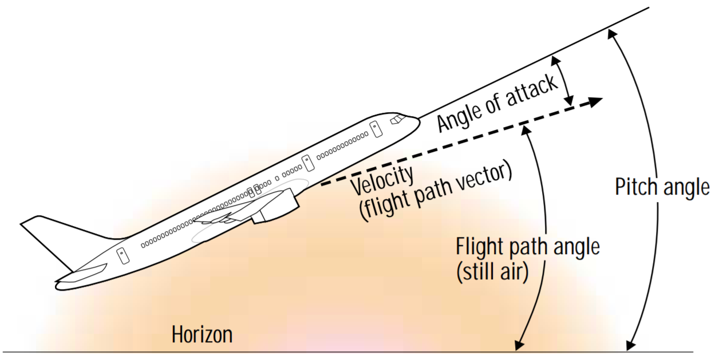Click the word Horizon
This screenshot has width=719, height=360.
click(x=202, y=334)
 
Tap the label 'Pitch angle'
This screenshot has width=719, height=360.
click(x=662, y=187)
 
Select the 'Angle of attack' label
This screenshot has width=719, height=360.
click(x=497, y=103)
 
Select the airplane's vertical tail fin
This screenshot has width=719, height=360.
click(x=52, y=235)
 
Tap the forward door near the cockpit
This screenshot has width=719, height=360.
click(x=375, y=129)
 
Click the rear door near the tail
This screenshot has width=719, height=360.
click(x=123, y=255)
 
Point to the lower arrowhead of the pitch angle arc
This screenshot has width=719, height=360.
click(x=630, y=346)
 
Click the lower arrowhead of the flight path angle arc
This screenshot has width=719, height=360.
click(x=519, y=345)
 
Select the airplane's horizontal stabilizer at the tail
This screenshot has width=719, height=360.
click(x=86, y=274)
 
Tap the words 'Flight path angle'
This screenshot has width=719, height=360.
click(x=527, y=248)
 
